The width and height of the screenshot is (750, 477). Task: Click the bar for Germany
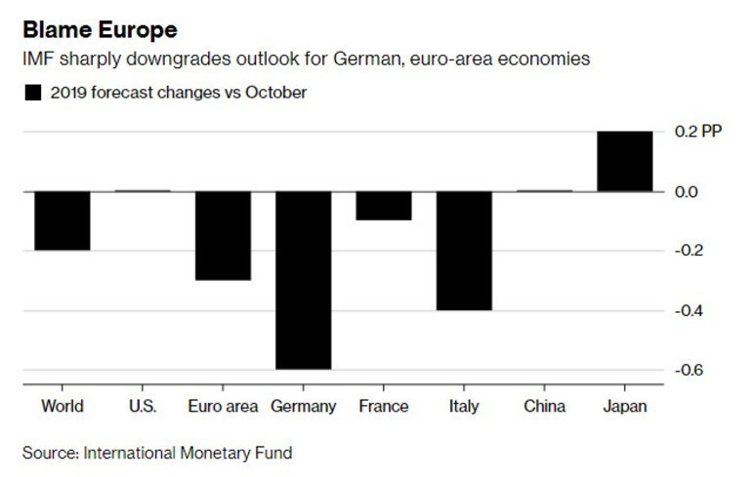tap(304, 280)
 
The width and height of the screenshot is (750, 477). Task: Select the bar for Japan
tap(624, 161)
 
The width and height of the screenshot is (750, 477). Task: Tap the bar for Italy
tap(464, 251)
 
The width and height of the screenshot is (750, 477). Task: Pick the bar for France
tap(384, 206)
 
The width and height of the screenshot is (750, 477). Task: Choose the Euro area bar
tap(224, 236)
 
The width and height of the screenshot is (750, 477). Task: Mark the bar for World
tap(63, 220)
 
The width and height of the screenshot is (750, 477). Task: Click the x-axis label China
tap(544, 406)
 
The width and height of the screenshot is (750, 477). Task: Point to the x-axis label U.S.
tap(143, 406)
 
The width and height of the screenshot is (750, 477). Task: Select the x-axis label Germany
tap(304, 406)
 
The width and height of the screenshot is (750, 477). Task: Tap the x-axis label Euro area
tap(224, 406)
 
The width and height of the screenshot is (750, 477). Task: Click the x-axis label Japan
tap(624, 406)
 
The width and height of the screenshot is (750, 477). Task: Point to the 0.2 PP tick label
tap(699, 132)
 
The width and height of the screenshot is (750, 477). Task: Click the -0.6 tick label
tap(689, 371)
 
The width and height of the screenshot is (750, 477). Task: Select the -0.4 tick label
tap(689, 311)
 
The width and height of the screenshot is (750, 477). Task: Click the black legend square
tap(33, 93)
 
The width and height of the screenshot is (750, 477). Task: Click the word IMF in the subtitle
tap(37, 60)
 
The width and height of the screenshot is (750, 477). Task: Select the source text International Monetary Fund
tap(188, 453)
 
